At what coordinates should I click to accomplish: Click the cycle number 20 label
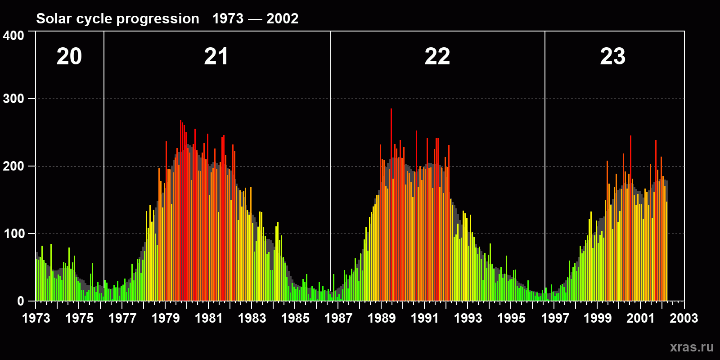pos(69,57)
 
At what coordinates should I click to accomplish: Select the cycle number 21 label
pos(216,57)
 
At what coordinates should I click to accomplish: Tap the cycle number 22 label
pos(437,57)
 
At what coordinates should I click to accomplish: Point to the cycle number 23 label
pos(613,57)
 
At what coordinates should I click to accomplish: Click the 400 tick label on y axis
pos(14,36)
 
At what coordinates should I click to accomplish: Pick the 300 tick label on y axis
pos(14,99)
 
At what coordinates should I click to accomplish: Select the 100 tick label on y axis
pos(14,234)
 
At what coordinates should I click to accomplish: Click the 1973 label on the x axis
pos(36,318)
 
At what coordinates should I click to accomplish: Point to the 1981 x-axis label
pos(209,318)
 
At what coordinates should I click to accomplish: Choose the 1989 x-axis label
pos(382,318)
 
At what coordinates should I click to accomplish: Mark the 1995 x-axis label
pos(511,318)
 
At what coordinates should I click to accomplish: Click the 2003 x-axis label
pos(684,318)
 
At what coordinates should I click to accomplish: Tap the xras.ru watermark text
pos(692,347)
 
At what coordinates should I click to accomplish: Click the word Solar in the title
pos(53,18)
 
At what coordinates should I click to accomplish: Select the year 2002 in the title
pos(283,18)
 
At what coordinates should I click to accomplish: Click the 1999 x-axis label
pos(598,318)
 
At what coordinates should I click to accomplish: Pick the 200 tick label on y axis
pos(14,166)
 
